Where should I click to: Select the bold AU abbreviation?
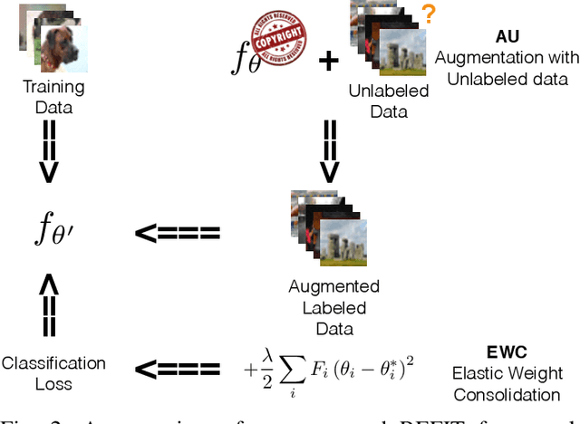[x=507, y=38]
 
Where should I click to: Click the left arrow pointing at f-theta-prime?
[x=177, y=233]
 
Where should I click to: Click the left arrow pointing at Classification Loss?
[x=177, y=369]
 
